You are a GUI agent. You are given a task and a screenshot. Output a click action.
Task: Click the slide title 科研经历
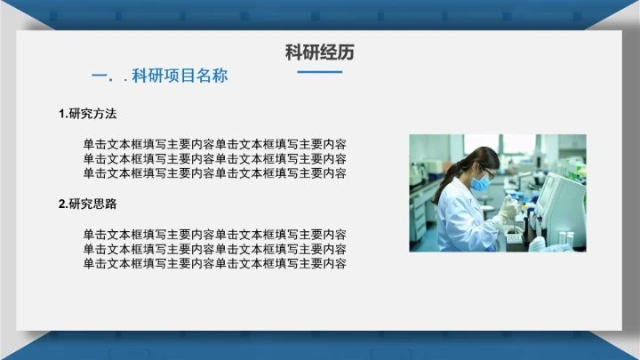[x=320, y=52]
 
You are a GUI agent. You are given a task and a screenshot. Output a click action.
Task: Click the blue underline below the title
[x=319, y=71]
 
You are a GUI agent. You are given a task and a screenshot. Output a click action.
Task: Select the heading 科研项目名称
[x=180, y=76]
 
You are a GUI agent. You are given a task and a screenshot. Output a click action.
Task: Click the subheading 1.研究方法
[x=87, y=114]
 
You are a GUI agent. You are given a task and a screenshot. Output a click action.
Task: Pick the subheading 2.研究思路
[x=87, y=204]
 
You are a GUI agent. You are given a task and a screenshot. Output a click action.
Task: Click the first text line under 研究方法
[x=214, y=144]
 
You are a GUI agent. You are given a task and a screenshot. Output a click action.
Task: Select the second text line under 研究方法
[x=214, y=158]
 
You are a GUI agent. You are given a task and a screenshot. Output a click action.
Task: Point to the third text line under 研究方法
[x=214, y=172]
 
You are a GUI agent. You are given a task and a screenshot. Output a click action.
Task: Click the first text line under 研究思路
[x=214, y=235]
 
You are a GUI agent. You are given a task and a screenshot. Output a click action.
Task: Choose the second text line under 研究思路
[x=214, y=249]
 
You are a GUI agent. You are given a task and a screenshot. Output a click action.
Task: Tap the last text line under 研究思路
[x=214, y=263]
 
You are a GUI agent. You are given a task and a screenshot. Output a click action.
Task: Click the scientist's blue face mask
[x=480, y=184]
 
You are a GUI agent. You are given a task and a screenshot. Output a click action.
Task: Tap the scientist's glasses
[x=485, y=172]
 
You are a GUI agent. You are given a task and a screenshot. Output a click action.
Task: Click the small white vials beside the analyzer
[x=565, y=237]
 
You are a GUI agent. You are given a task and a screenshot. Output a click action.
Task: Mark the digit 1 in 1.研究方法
[x=61, y=114]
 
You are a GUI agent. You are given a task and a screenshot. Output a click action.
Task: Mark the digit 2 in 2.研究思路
[x=61, y=204]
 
